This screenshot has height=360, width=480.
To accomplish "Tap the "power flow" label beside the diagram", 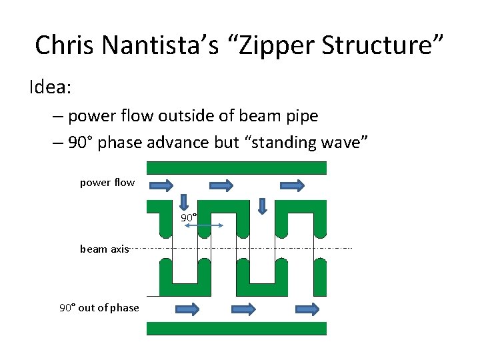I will point(107,183).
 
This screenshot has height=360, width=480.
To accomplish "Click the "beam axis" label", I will point(104,249).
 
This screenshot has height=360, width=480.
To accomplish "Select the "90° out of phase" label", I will point(99,308).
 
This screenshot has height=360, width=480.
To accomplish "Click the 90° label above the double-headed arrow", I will point(189,218).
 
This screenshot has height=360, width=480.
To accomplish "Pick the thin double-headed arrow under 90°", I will point(203,227).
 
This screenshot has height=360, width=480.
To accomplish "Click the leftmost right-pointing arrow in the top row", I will point(162,185).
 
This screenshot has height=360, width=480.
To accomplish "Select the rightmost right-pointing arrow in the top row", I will point(292,185).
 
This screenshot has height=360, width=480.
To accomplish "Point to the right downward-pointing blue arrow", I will point(262,206).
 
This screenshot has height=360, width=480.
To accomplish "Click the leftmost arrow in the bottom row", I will point(187,309).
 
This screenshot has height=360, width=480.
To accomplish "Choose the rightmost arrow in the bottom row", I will point(307,309).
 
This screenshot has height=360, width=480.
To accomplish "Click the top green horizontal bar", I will point(236,167).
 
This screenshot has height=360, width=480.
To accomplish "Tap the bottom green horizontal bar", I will point(236,328).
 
